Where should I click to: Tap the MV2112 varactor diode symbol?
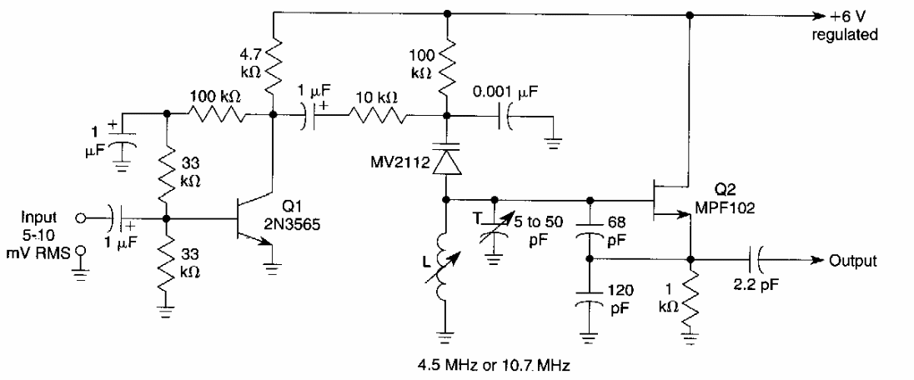[448, 157]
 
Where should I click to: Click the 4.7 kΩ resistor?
[273, 70]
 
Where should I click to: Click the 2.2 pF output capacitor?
[756, 259]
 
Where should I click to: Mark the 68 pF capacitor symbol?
[590, 230]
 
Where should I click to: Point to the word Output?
[852, 261]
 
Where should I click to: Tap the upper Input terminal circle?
[81, 220]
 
